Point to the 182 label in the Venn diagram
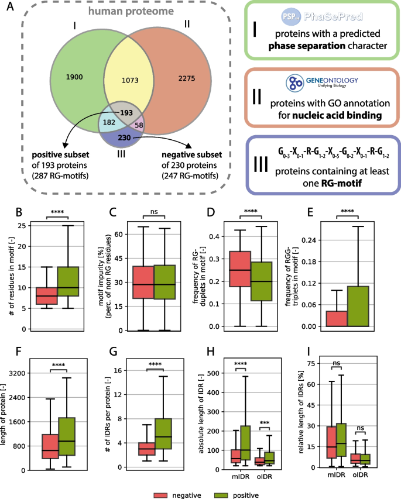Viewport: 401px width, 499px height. click(109, 123)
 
